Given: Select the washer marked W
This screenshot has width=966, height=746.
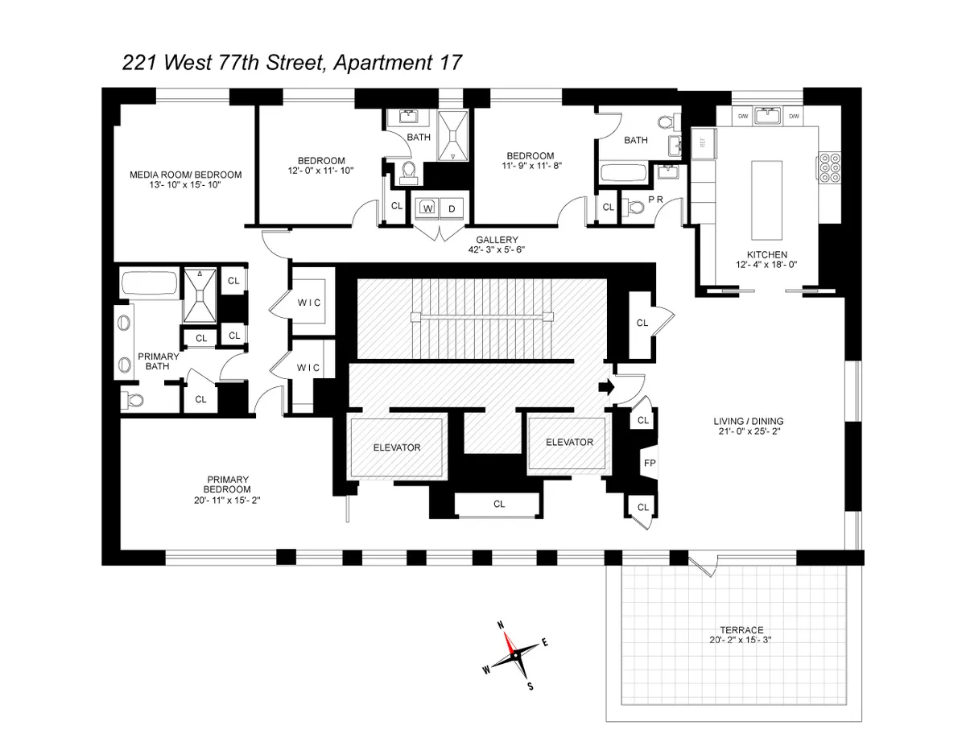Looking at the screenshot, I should pos(427,208).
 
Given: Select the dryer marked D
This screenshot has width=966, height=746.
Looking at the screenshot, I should pos(452,208).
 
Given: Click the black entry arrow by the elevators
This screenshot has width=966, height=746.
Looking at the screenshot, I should pos(605,388).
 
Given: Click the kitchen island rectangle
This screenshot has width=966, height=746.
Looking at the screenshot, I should pos(767,200).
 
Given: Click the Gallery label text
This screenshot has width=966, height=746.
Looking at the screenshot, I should pos(496,239).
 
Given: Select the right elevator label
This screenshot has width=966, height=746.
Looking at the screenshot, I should pos(569,442).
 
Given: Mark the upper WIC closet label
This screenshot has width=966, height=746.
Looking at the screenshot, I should pos(308,302).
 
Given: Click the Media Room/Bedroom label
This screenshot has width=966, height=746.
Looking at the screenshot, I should pos(185,174).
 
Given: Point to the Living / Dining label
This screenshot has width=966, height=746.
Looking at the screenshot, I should pos(748,421).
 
